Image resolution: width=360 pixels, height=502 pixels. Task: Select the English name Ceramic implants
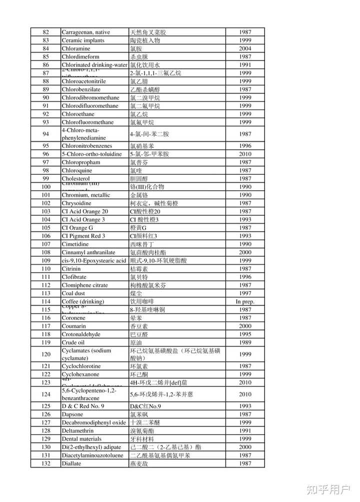(x=83, y=40)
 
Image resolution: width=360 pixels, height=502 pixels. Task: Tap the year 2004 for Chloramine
(x=245, y=48)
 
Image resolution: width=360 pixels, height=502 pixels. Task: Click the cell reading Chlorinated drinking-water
(x=94, y=65)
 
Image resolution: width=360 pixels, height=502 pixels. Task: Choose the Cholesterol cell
(x=75, y=178)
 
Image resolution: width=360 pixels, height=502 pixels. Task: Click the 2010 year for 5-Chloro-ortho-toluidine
(x=245, y=154)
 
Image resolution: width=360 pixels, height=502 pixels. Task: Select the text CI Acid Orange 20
(x=84, y=211)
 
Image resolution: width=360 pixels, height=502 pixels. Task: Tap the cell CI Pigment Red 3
(x=83, y=236)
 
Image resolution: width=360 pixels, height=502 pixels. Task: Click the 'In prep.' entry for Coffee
(x=245, y=302)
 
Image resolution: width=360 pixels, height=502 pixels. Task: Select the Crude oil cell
(x=73, y=343)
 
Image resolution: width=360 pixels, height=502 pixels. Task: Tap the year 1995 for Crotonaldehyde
(x=245, y=334)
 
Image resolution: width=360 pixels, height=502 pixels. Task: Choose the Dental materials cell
(x=81, y=439)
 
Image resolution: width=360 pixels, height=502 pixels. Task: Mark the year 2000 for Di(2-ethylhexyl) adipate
(x=245, y=447)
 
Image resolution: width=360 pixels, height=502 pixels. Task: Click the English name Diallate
(x=71, y=464)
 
